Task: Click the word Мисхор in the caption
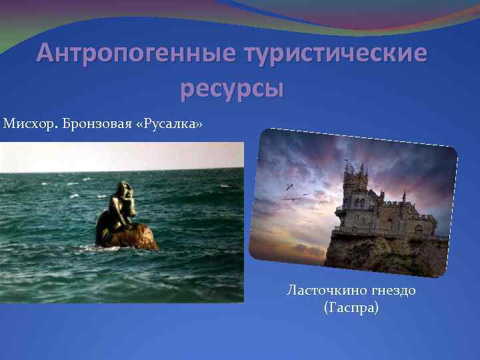tap(29, 125)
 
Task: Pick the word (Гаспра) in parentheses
tap(350, 308)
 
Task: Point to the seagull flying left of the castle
tap(290, 186)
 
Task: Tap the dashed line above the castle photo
tap(360, 135)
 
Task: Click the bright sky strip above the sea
tap(120, 157)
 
